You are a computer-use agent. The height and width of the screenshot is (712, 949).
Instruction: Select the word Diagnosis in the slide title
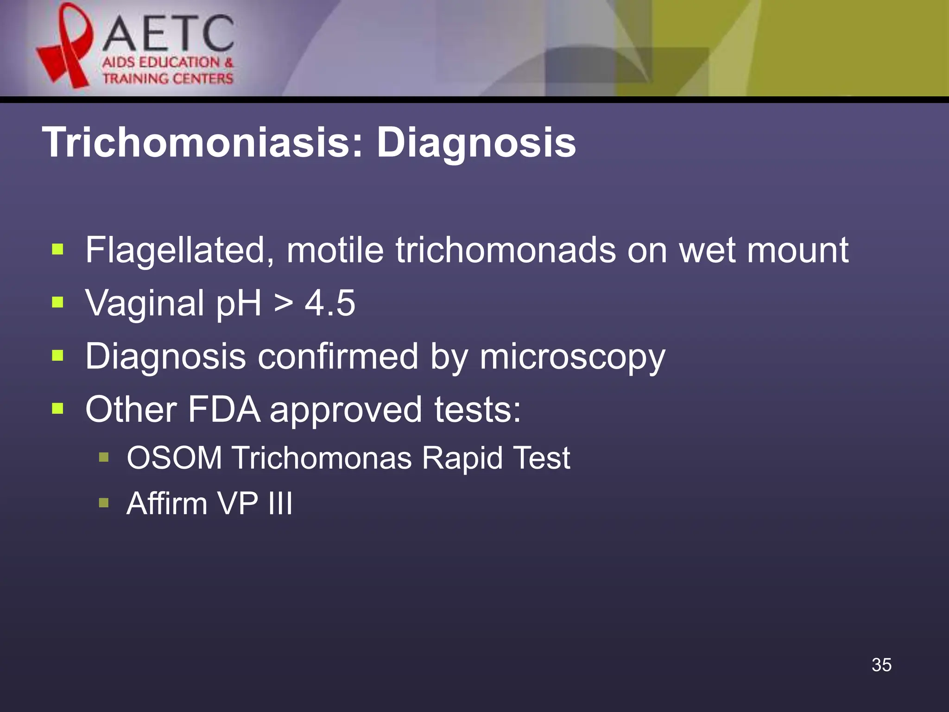coord(476,143)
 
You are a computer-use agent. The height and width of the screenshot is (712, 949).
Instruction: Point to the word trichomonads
coord(505,250)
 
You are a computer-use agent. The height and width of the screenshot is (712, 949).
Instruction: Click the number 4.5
coord(330,303)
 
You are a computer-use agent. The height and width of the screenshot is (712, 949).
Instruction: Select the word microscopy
coord(572,357)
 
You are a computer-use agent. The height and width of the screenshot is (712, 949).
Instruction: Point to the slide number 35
coord(881,665)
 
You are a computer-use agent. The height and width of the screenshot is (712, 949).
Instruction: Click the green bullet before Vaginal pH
coord(57,303)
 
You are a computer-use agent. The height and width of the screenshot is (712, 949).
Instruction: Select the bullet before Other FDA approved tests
coord(57,409)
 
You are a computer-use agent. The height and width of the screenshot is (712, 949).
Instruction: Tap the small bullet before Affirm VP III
coord(104,503)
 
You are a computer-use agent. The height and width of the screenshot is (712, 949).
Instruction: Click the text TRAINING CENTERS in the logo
coord(168,79)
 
